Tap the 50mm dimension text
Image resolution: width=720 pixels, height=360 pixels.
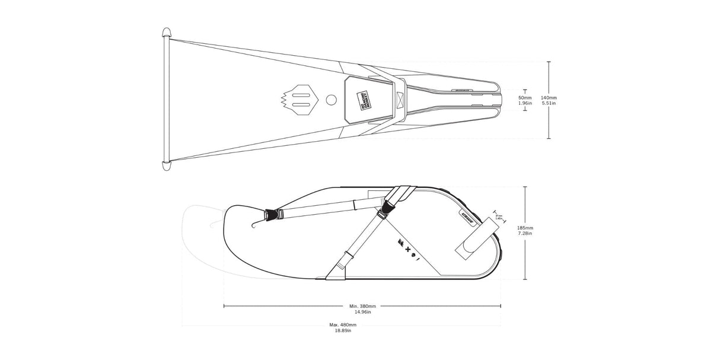[x=525, y=97]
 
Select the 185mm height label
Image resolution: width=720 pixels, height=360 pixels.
[x=525, y=228]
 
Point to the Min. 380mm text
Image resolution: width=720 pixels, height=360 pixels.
[x=362, y=306]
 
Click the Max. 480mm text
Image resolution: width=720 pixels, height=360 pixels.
[x=343, y=325]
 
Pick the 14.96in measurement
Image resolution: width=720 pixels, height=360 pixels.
[x=362, y=312]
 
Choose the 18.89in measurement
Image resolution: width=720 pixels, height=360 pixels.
[x=343, y=331]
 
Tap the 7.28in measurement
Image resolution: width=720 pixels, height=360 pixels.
[x=525, y=234]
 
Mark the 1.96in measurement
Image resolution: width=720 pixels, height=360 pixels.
[x=525, y=103]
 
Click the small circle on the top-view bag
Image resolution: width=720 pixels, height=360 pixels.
[x=332, y=99]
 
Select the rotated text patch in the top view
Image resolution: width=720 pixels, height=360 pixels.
[x=363, y=99]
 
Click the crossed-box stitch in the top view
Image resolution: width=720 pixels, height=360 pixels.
[x=399, y=99]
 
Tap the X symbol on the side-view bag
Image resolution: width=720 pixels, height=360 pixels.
[x=407, y=250]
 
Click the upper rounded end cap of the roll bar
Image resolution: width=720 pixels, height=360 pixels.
[x=167, y=33]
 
